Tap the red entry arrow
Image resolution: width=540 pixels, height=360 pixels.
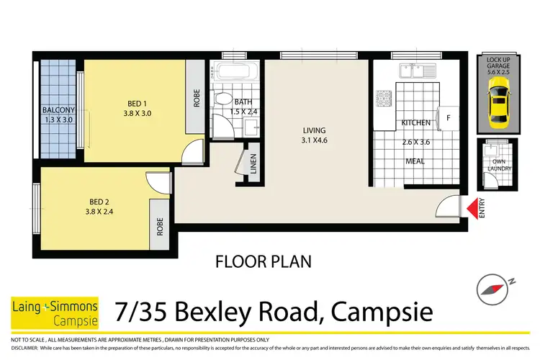472,209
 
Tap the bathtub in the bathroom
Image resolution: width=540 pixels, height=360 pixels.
232,73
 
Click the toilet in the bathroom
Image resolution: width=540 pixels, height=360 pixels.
224,101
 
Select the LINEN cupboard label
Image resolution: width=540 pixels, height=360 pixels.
253,168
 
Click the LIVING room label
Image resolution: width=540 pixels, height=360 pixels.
314,130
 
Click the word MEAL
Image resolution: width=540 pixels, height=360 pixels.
415,161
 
